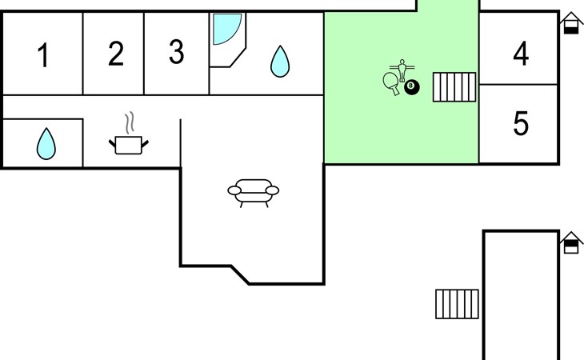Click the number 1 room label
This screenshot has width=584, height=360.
tap(44, 54)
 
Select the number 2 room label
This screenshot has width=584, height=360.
tap(116, 54)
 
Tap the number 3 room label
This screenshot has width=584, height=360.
tap(176, 51)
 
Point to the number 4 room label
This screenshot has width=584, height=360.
tap(521, 54)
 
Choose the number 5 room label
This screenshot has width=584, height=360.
tap(521, 123)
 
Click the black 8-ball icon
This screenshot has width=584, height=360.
tap(412, 87)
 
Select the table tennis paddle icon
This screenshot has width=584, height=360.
tap(391, 83)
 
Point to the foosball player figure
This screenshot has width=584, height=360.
tap(402, 70)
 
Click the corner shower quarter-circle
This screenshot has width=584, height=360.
tap(227, 29)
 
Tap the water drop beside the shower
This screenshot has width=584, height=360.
tap(280, 62)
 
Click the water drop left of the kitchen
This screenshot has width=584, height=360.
tap(46, 144)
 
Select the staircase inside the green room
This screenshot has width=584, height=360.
tap(454, 87)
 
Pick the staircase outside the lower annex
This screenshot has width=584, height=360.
tap(457, 304)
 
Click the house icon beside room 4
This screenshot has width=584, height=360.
tap(571, 23)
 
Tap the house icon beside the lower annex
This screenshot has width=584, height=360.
tap(571, 242)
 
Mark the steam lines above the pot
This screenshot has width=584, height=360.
tap(130, 122)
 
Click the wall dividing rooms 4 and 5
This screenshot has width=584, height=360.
tap(518, 85)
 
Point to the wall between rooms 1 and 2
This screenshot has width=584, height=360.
tap(82, 54)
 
